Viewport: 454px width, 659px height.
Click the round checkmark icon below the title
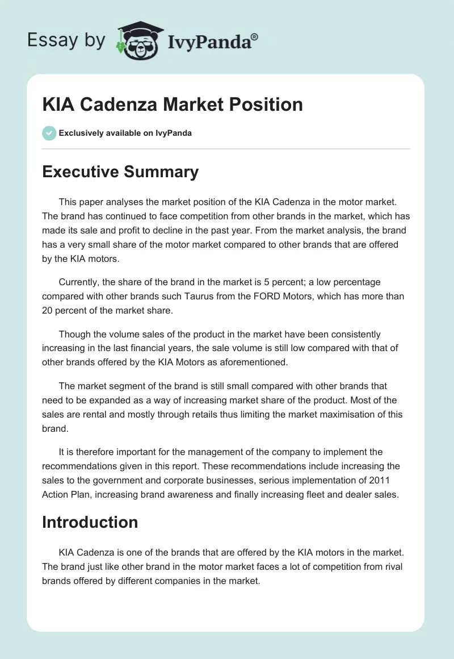[x=49, y=133]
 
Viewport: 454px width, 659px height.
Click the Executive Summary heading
[x=120, y=172]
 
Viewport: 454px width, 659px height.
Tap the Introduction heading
[x=90, y=522]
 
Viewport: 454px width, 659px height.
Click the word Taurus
[x=184, y=297]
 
